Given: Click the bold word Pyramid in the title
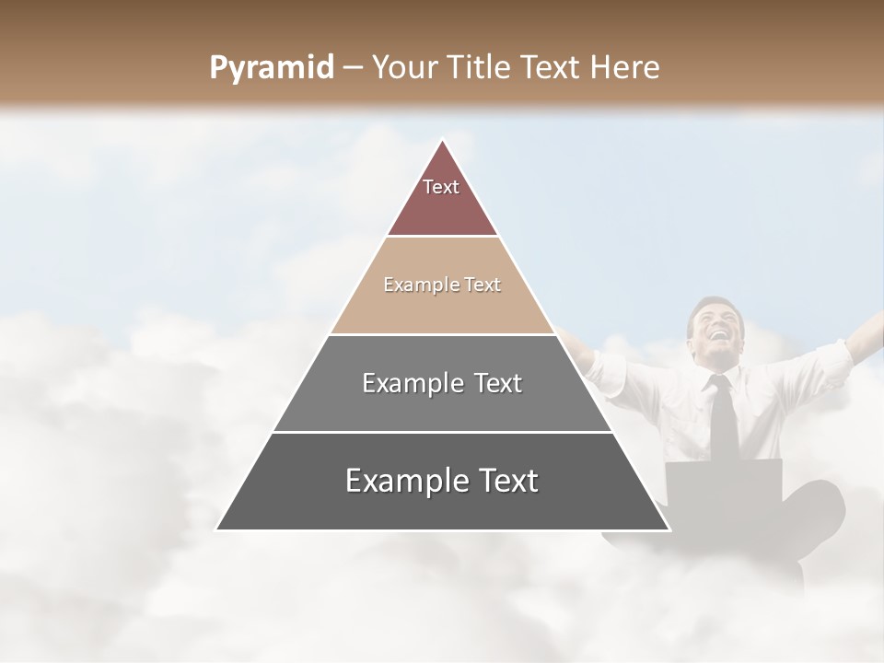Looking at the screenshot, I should click(x=271, y=68).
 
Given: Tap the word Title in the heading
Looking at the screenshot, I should click(x=482, y=68).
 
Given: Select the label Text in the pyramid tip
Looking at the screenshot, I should click(x=441, y=187).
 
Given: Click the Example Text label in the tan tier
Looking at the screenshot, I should click(x=442, y=285).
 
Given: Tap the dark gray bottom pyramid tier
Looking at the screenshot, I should click(x=442, y=506).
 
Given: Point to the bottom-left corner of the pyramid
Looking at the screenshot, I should click(x=217, y=529).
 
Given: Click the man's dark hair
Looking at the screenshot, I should click(x=715, y=304).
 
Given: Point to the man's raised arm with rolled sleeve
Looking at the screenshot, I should click(x=833, y=355).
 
